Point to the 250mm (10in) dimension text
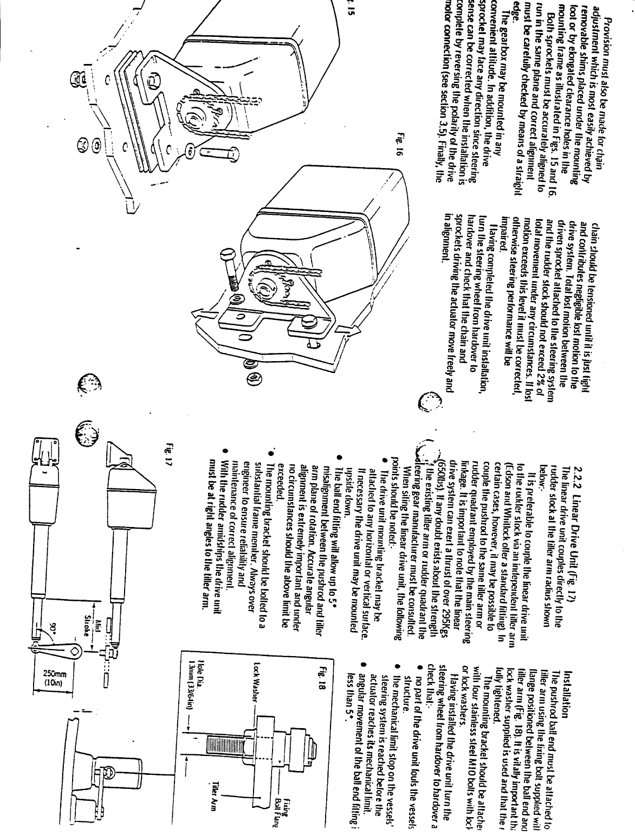click(56, 680)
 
